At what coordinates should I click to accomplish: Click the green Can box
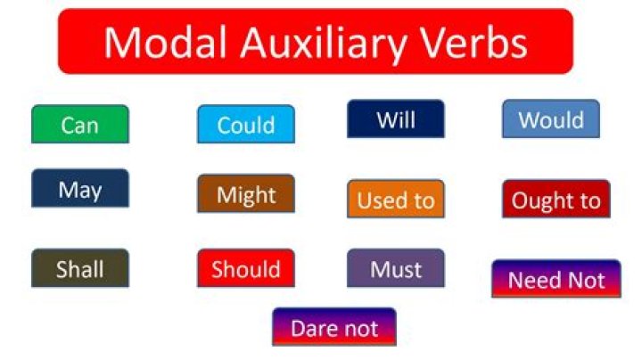79,124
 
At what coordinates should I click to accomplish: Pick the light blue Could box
245,124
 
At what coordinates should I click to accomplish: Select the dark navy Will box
395,119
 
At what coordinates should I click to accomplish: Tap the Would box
550,119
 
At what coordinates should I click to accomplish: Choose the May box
79,188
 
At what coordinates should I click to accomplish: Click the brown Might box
245,193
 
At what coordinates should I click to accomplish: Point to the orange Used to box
395,199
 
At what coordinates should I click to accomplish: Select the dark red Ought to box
556,199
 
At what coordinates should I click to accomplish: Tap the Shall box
79,267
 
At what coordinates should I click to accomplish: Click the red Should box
245,268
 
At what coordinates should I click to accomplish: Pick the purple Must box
395,267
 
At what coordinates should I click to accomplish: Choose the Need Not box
556,279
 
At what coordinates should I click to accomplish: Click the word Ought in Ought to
538,200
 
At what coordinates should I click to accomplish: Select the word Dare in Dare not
313,327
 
